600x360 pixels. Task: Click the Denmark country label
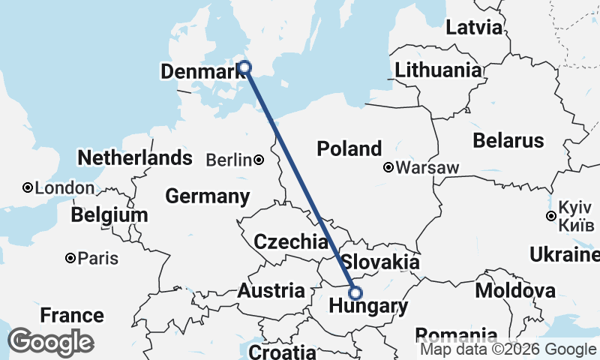tap(198, 72)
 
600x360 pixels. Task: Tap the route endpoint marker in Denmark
tap(244, 67)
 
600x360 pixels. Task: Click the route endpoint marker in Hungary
tap(355, 292)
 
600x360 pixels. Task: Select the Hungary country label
tap(369, 307)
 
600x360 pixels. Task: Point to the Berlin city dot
tap(258, 160)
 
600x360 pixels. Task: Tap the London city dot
tap(27, 187)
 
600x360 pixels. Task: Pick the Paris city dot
tap(70, 258)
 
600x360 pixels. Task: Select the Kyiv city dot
tap(551, 216)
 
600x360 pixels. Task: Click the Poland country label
tap(349, 148)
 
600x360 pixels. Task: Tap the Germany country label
tap(207, 197)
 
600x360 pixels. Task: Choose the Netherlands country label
tap(135, 158)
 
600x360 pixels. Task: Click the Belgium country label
tap(109, 216)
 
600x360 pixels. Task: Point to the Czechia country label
tap(290, 241)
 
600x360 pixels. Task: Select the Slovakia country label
tap(380, 262)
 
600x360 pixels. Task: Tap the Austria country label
tap(271, 291)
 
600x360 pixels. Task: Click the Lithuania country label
tap(439, 70)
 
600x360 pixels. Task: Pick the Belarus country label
tap(508, 140)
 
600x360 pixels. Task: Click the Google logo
tap(49, 342)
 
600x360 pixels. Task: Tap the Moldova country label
tap(516, 290)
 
